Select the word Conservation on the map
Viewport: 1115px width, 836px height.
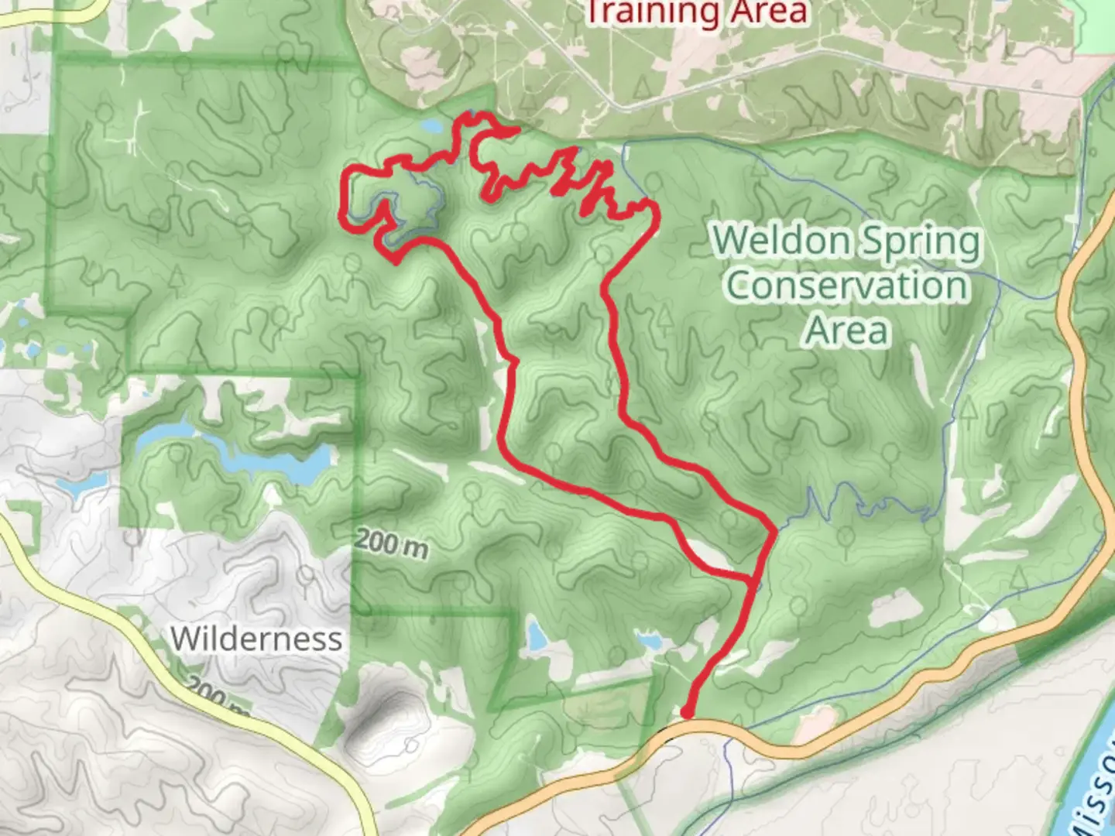pos(847,286)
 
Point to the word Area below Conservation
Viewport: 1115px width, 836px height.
pos(846,331)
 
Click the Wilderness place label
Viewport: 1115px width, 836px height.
pos(256,639)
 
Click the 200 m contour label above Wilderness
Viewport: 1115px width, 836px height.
pos(391,543)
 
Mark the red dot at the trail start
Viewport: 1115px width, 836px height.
pos(687,711)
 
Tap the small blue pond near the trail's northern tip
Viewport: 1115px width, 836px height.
pos(430,126)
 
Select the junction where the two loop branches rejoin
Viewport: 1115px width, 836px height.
pos(773,532)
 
